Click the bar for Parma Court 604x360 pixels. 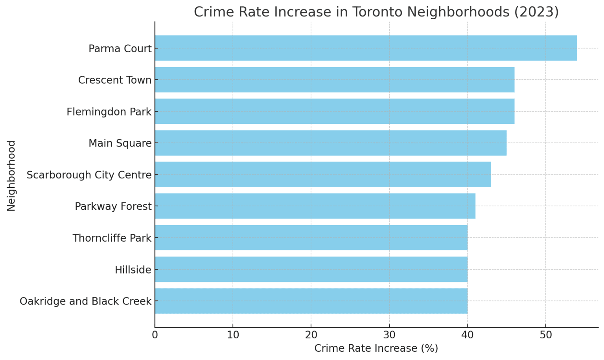[366, 48]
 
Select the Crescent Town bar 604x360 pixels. [334, 80]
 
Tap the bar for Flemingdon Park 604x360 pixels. [334, 111]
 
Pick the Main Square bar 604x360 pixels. [330, 143]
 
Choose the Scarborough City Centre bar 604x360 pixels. [322, 174]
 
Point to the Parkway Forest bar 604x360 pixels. [315, 206]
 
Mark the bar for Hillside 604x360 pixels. [311, 269]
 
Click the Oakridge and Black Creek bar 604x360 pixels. [311, 301]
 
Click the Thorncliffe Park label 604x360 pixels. [112, 238]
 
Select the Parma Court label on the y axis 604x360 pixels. [120, 49]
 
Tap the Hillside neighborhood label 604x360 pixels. [133, 270]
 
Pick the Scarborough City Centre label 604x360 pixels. [89, 175]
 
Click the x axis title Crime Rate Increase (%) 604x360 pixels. [376, 349]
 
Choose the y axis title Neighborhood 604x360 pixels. [11, 176]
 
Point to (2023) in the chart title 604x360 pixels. [536, 12]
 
